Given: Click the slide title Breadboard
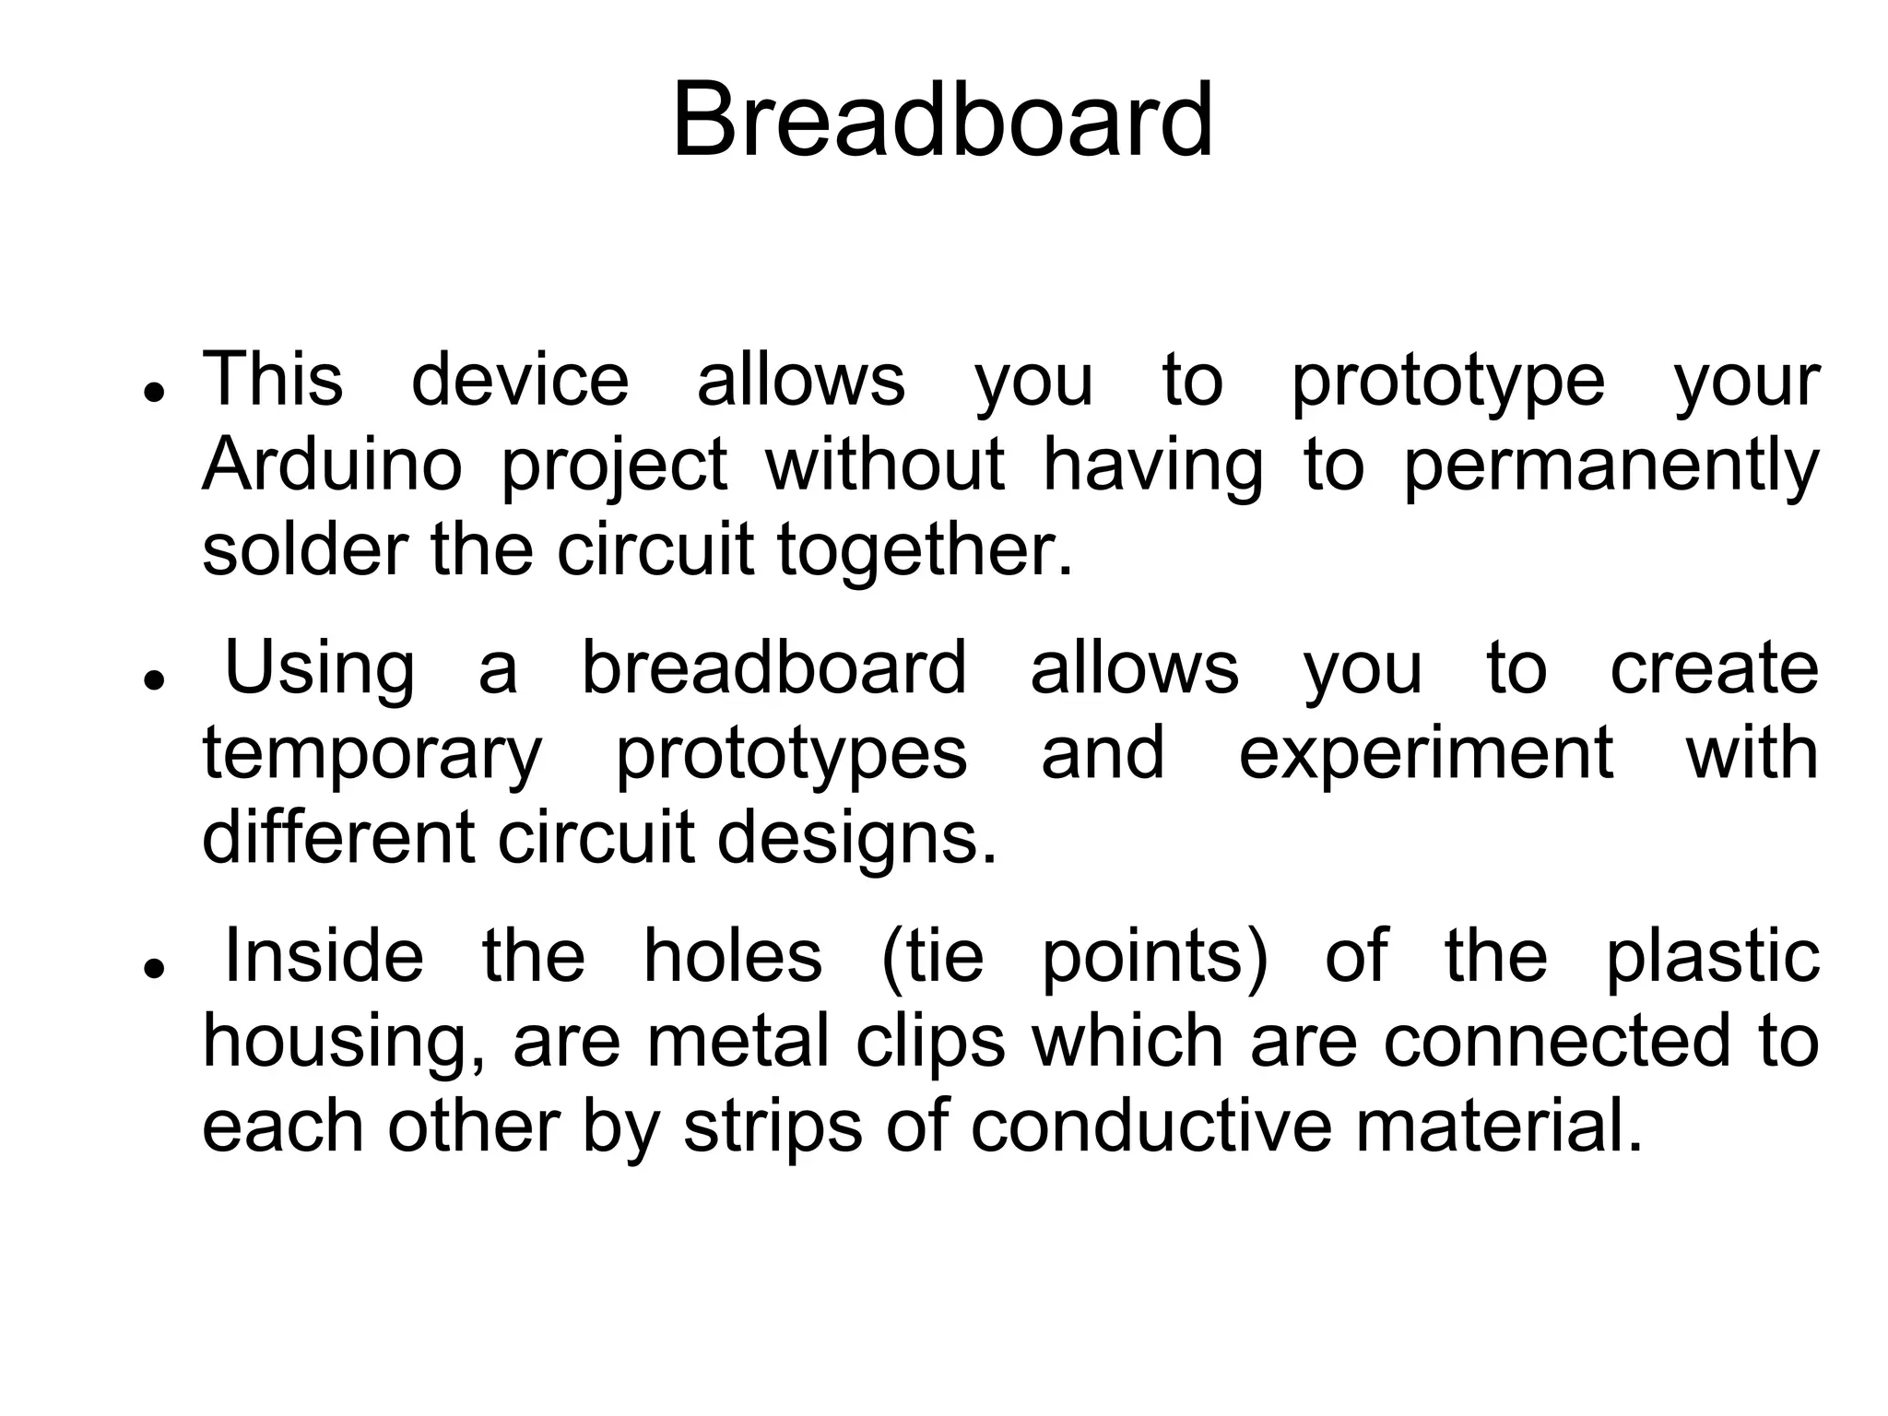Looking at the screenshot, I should [942, 121].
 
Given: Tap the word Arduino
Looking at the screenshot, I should [332, 465].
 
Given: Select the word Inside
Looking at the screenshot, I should [324, 956].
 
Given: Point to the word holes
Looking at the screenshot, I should [732, 956].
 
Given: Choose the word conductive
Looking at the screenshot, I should [1151, 1127].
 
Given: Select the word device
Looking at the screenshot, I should [520, 380].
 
